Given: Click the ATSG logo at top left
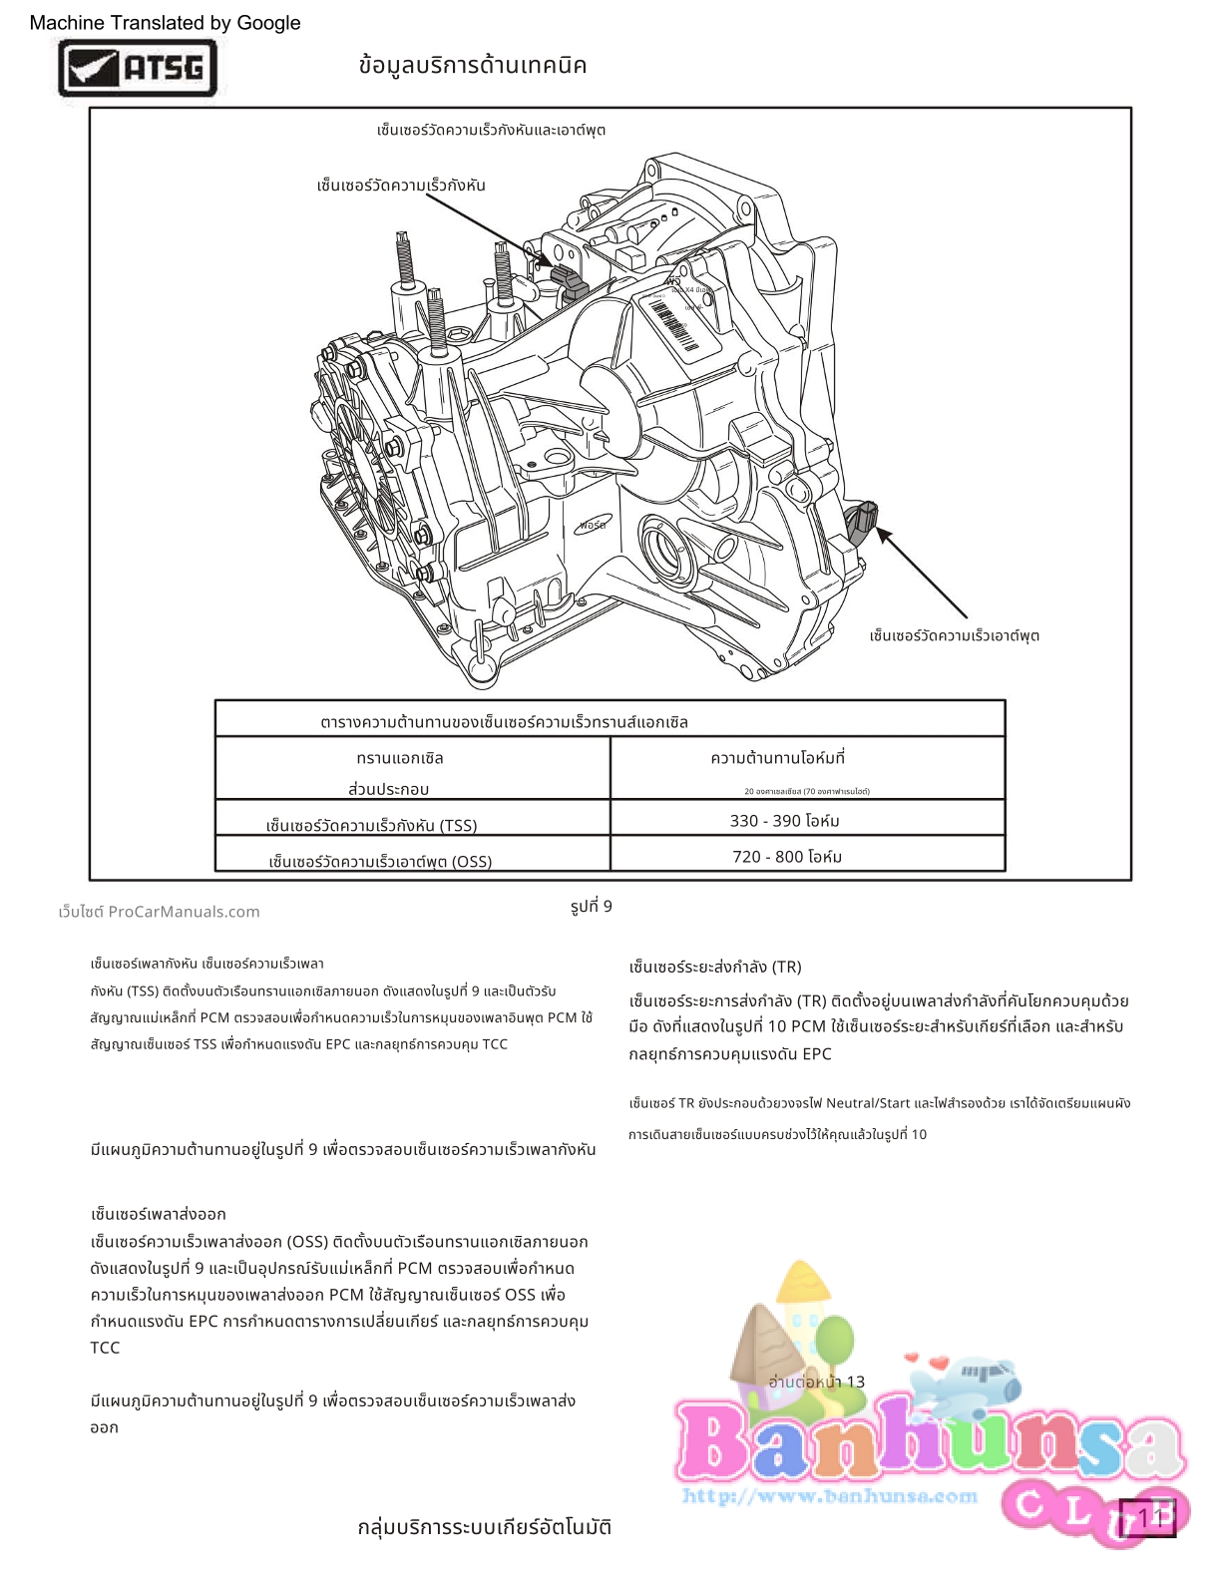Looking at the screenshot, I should [x=138, y=68].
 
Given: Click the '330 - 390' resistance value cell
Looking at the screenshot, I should [x=784, y=821].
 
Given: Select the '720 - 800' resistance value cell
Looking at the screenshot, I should [x=787, y=857].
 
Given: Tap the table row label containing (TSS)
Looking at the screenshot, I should [x=371, y=826].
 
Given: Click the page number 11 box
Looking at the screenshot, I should [x=1147, y=1517].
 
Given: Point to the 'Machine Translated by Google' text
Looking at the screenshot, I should [x=165, y=23].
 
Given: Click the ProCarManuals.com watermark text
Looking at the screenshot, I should [x=160, y=912].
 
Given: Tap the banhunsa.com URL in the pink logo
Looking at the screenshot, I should [x=830, y=1495].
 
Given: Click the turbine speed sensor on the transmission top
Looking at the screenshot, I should [x=567, y=279].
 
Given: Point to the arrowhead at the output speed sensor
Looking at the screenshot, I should [x=883, y=536].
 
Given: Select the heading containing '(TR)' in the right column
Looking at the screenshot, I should [x=715, y=967].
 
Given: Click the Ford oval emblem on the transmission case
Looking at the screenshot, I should [x=593, y=525].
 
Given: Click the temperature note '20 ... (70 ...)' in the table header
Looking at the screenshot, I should [x=806, y=792].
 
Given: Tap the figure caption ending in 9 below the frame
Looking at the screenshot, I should [x=592, y=906].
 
